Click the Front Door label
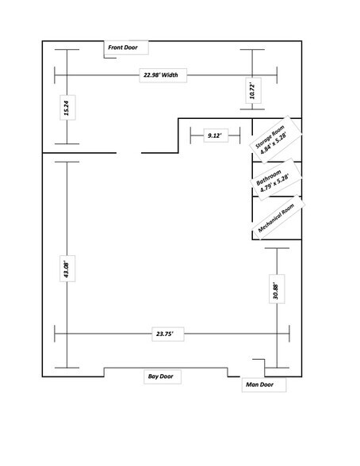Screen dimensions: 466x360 [123, 48]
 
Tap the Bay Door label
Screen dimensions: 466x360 [160, 376]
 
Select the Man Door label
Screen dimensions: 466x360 [261, 384]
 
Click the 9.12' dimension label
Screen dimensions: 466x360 [213, 136]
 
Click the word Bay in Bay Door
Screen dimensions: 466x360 [152, 376]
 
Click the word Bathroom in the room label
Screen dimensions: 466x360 [268, 178]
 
